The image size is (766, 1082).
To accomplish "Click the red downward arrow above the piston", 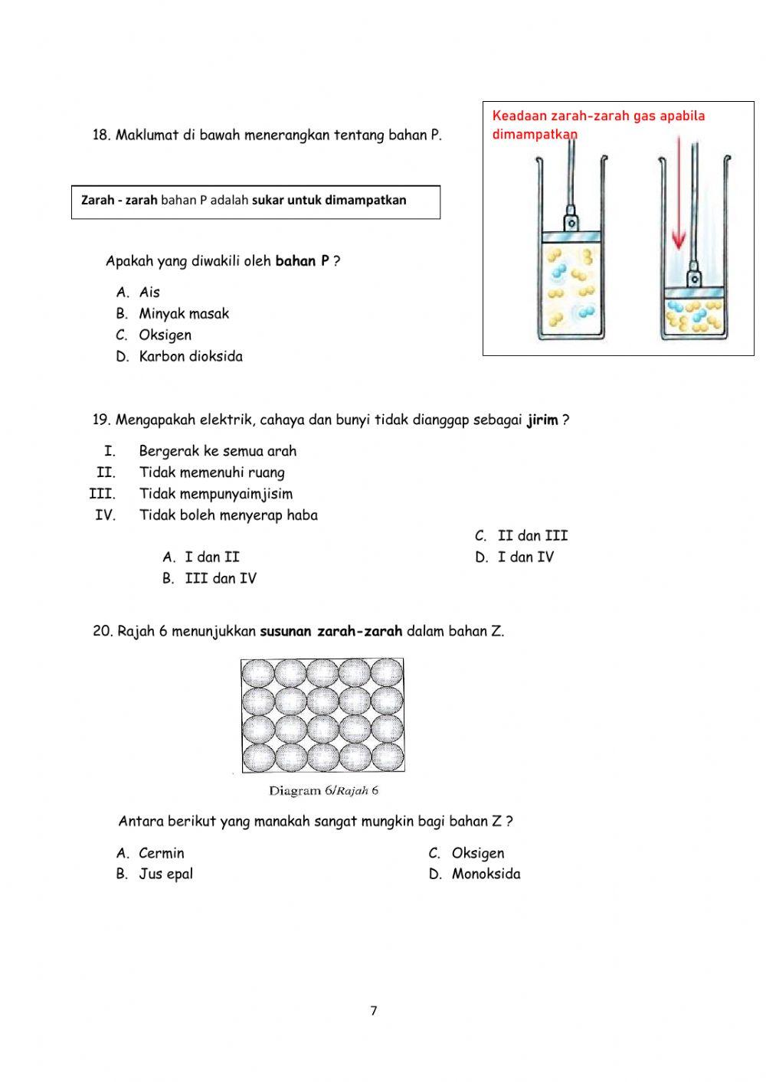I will pyautogui.click(x=678, y=200).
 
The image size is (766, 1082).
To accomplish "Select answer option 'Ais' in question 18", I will pyautogui.click(x=149, y=292).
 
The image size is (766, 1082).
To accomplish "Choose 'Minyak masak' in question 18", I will pyautogui.click(x=184, y=313).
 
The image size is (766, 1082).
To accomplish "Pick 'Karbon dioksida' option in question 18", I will pyautogui.click(x=191, y=356).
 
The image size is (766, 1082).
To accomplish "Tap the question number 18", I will pyautogui.click(x=102, y=136).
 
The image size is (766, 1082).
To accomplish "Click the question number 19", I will pyautogui.click(x=102, y=420).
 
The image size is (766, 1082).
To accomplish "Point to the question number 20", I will pyautogui.click(x=103, y=632).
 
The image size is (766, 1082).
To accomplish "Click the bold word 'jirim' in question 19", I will pyautogui.click(x=542, y=420).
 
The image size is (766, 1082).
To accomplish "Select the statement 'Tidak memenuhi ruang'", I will pyautogui.click(x=211, y=472).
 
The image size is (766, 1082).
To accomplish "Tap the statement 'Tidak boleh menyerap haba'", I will pyautogui.click(x=228, y=515).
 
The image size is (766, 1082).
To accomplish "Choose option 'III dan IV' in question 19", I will pyautogui.click(x=221, y=578).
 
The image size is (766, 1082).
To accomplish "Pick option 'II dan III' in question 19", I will pyautogui.click(x=532, y=536).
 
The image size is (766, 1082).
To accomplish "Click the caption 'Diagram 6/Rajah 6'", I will pyautogui.click(x=323, y=790).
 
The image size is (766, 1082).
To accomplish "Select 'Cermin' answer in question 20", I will pyautogui.click(x=162, y=853).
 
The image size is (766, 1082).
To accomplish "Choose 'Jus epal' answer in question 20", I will pyautogui.click(x=165, y=874).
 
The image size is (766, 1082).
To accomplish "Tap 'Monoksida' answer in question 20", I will pyautogui.click(x=486, y=874).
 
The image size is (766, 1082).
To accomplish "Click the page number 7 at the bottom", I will pyautogui.click(x=374, y=1011).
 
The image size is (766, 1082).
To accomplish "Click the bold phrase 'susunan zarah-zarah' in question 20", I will pyautogui.click(x=331, y=632).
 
